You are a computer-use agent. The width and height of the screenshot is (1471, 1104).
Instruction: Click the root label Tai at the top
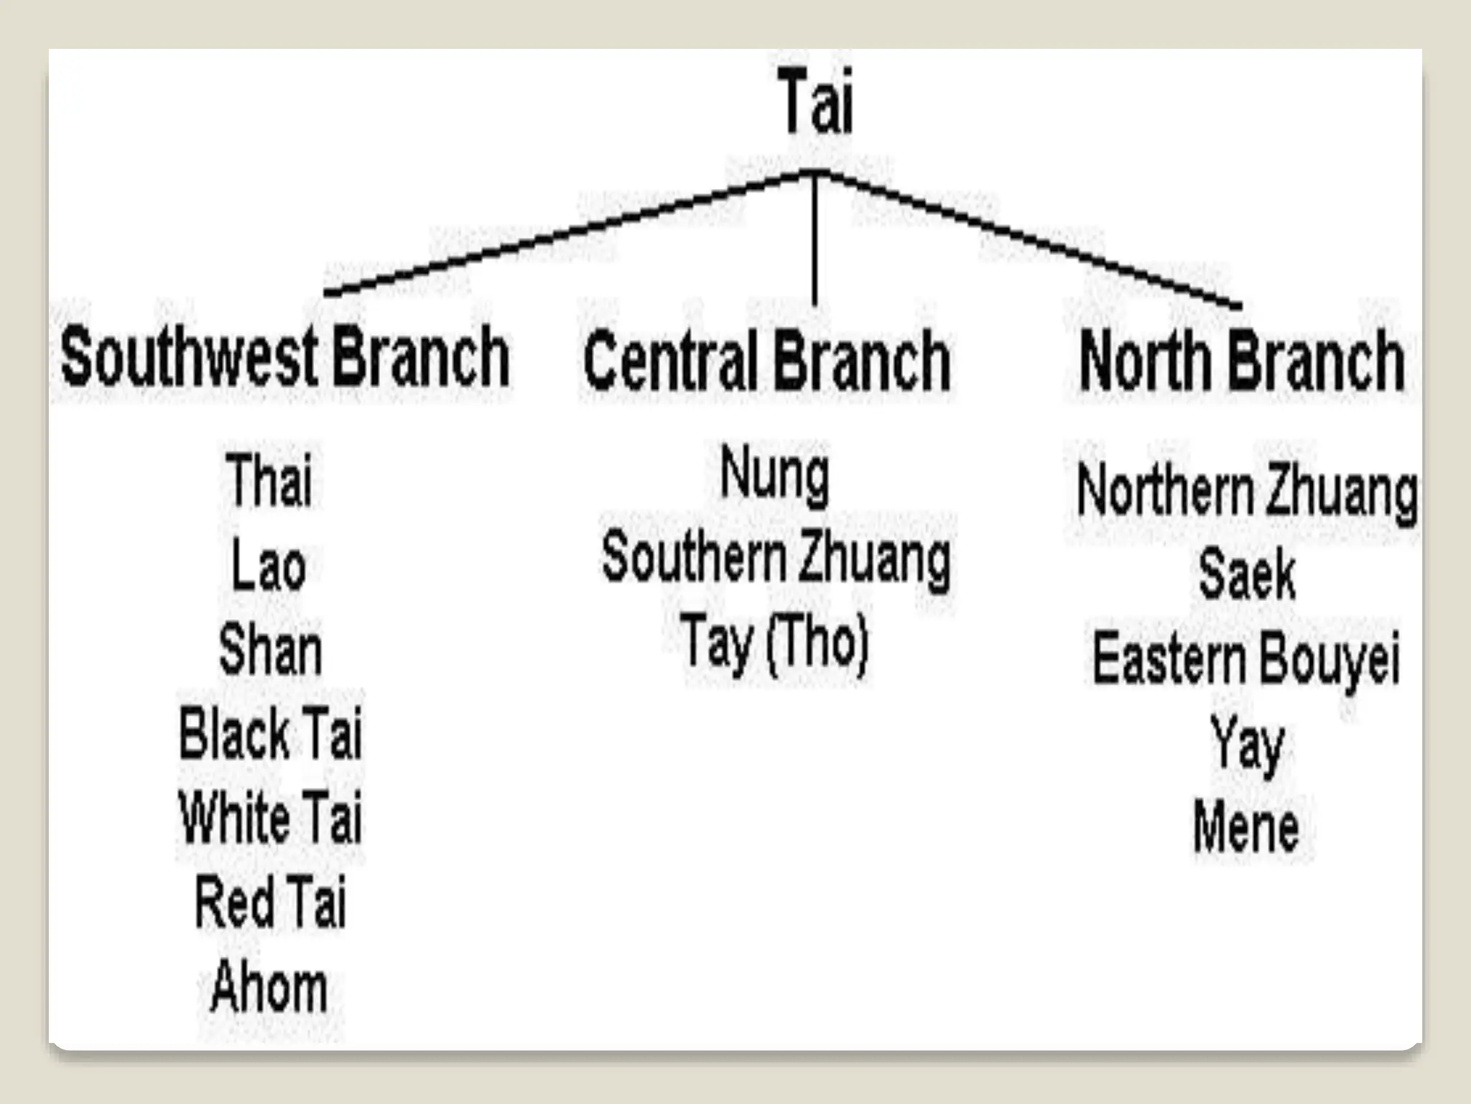point(817,102)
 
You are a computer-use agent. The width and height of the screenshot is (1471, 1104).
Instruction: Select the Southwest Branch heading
point(285,356)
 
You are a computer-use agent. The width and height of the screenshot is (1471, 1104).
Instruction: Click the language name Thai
point(269,479)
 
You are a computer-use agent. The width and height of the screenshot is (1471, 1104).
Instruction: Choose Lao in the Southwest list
point(269,566)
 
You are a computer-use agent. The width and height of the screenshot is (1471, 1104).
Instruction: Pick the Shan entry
point(270,650)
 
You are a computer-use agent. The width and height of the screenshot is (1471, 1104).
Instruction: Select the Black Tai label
point(270,734)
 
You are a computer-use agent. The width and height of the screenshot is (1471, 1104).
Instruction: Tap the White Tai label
point(270,817)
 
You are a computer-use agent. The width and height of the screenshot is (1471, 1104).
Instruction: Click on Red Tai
point(270,901)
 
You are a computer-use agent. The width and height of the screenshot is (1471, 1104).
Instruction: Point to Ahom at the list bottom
point(269,987)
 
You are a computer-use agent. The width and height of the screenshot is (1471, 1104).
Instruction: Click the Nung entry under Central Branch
point(775,474)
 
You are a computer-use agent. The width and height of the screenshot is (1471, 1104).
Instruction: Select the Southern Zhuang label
point(776,559)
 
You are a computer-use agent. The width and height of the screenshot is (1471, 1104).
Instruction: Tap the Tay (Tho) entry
point(775,643)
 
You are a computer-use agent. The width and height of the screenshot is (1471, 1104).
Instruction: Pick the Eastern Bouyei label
point(1246,658)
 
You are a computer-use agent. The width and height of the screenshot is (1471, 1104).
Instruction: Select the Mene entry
point(1246,827)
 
